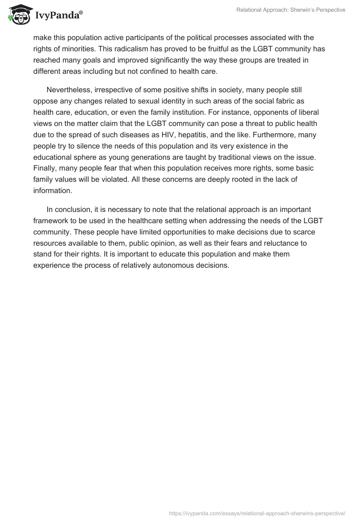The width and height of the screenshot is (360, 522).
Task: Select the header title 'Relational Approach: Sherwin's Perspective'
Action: pos(291,10)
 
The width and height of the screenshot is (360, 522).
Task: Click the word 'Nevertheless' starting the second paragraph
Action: pos(68,89)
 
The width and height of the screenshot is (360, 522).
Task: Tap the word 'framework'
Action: pos(51,220)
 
